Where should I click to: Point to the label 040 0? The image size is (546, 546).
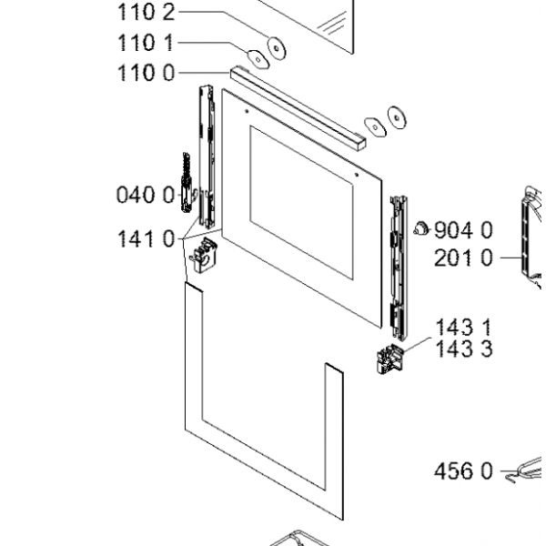point(145,194)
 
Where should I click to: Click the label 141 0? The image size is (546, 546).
point(145,239)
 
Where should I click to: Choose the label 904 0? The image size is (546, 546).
point(463,229)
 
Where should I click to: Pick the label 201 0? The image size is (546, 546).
point(463,258)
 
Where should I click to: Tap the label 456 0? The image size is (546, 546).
point(463,471)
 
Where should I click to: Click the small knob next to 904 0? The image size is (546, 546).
point(420,227)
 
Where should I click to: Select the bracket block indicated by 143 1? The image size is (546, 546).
point(388,362)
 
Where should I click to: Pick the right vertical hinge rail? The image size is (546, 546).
point(397,264)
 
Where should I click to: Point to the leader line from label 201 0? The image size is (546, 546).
point(509,258)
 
